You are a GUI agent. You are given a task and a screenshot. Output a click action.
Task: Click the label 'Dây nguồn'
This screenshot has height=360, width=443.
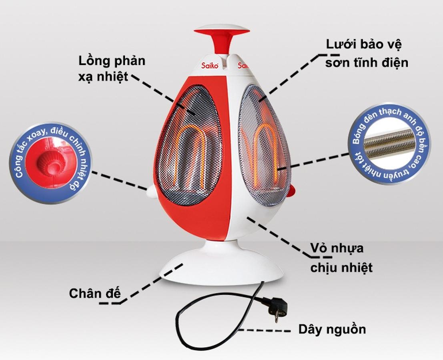(332, 330)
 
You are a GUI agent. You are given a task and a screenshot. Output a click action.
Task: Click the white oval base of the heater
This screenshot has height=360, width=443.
(220, 268)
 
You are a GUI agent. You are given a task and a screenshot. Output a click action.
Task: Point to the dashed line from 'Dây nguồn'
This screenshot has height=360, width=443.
(266, 331)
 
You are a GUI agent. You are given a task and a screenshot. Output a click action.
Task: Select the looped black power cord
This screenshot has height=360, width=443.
(188, 316)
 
